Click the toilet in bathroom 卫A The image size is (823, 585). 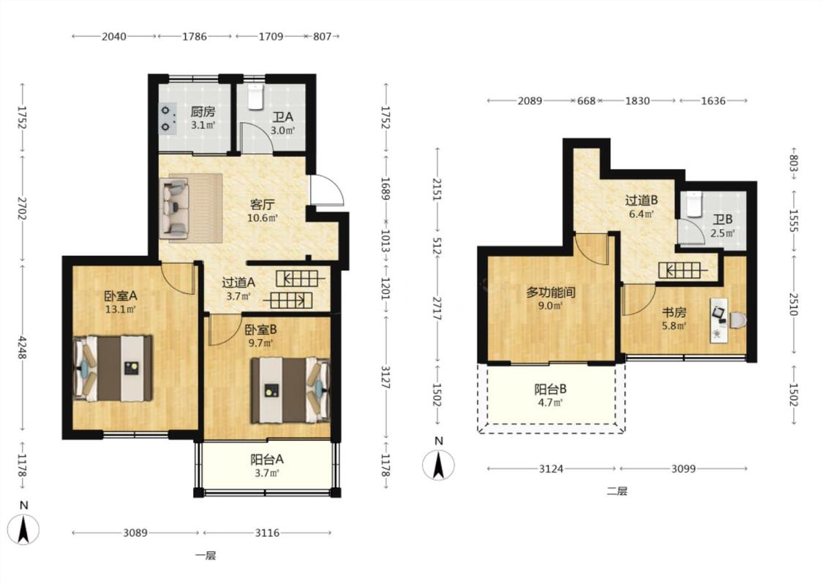(x=256, y=97)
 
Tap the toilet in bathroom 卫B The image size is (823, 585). (x=694, y=204)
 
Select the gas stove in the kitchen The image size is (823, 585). (x=167, y=118)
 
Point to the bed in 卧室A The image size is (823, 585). (x=113, y=369)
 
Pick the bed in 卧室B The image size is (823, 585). (x=290, y=390)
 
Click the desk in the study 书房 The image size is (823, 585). (x=719, y=320)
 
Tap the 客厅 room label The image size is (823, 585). (x=262, y=204)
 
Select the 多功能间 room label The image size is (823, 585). (x=551, y=292)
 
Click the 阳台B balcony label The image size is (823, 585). (x=550, y=389)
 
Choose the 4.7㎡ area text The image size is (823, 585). (x=550, y=403)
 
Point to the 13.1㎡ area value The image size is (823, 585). (x=121, y=309)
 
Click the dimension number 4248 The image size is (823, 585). (x=22, y=347)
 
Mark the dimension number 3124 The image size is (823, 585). (x=551, y=469)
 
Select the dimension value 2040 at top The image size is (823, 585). (x=114, y=37)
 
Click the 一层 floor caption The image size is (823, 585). (x=206, y=556)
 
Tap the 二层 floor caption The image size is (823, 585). (x=617, y=491)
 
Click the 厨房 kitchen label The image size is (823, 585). (x=203, y=112)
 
